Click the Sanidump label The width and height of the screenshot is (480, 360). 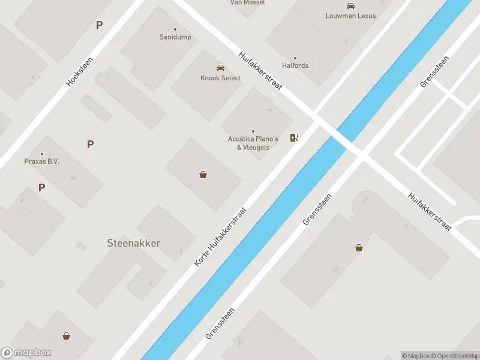[176, 37]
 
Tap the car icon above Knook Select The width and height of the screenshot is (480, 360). [220, 68]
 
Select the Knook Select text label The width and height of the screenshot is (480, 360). [220, 78]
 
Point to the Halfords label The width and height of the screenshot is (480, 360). [295, 65]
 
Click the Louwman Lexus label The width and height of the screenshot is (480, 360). [350, 16]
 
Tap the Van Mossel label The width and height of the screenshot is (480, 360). [248, 3]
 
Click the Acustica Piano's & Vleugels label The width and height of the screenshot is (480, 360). [253, 143]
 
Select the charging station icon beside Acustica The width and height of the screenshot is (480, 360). [294, 138]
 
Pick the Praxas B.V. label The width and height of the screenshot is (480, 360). [41, 161]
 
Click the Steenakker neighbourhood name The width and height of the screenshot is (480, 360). [134, 243]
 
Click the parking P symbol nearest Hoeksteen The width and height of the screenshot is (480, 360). [99, 25]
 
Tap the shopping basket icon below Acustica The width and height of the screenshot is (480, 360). [203, 175]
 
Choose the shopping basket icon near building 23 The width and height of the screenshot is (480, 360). [359, 247]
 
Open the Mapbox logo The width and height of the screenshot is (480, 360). [26, 353]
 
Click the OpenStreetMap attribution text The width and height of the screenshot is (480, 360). [457, 356]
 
